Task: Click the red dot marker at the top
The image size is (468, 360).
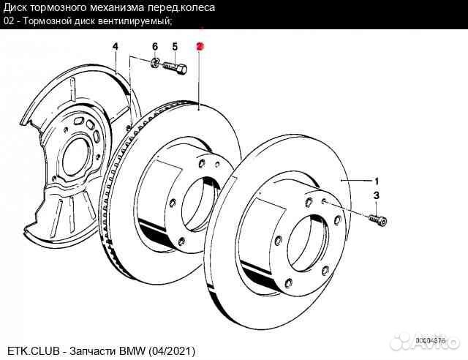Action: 200,45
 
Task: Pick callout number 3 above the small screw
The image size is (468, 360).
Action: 377,195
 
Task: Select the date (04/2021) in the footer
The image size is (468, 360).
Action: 173,352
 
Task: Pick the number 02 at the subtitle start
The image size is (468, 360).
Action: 8,20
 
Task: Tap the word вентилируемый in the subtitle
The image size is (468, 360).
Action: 137,20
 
